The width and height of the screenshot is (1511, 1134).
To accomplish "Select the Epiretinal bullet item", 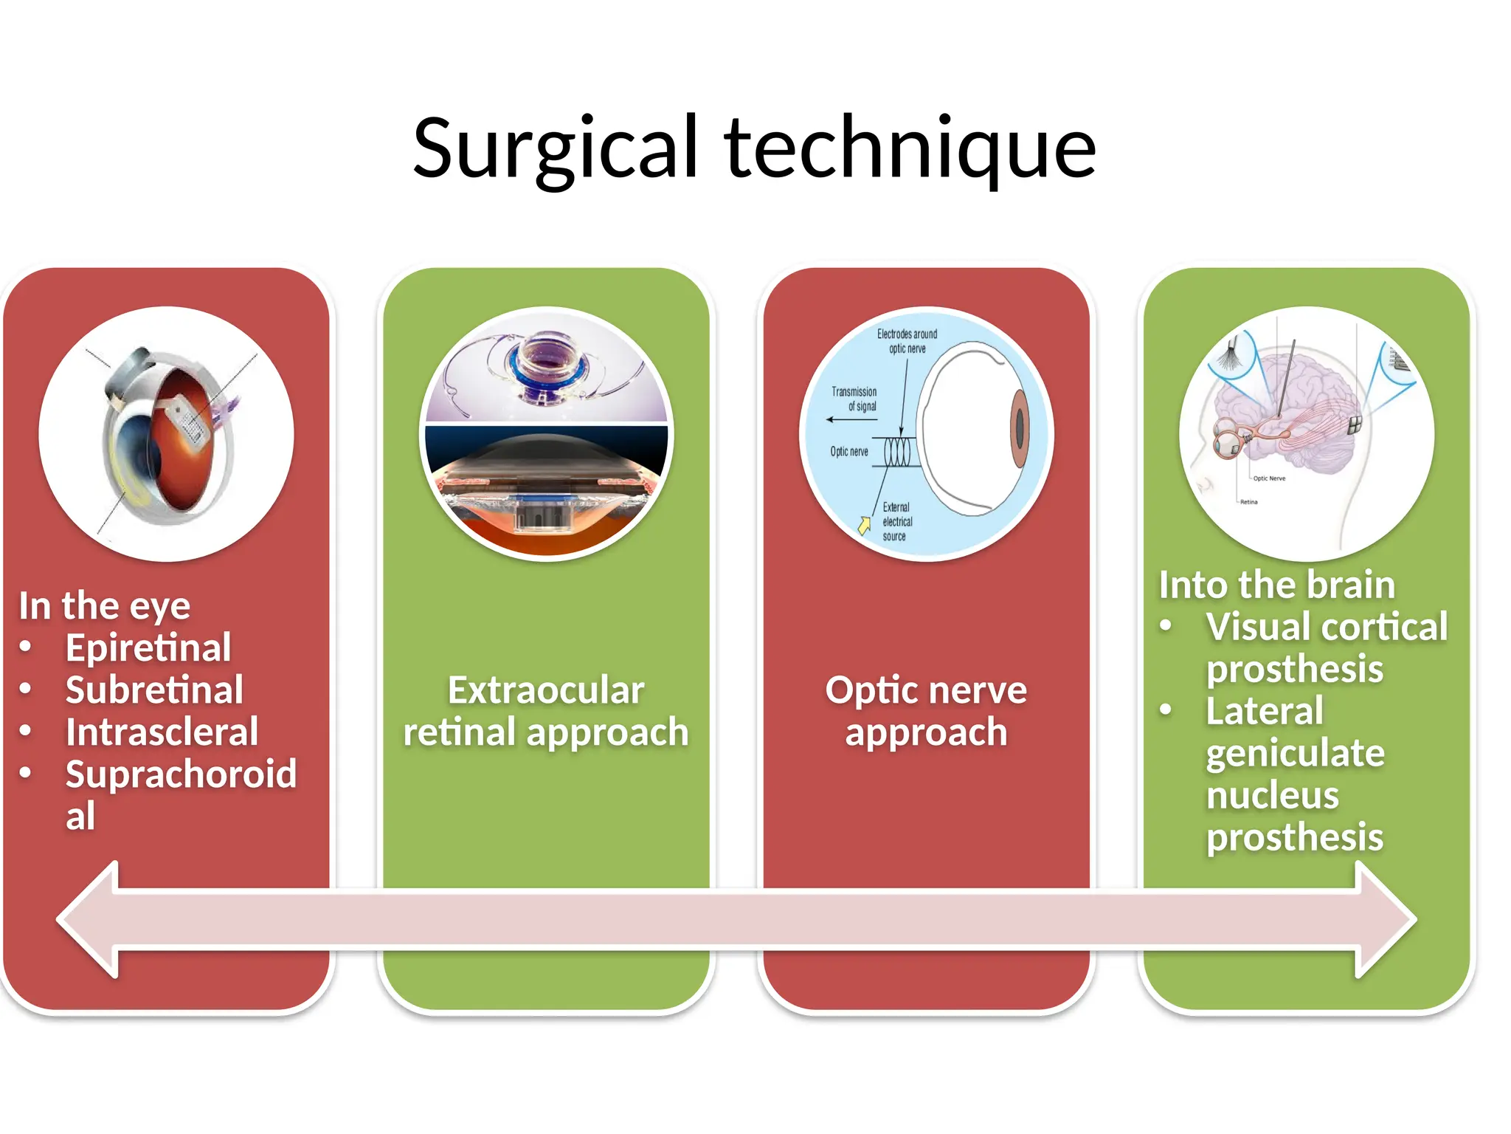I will [x=148, y=648].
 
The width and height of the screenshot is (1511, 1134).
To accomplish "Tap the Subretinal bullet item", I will [x=153, y=690].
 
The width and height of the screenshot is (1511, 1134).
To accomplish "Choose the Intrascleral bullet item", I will [x=162, y=732].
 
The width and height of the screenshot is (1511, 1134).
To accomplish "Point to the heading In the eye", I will [x=104, y=606].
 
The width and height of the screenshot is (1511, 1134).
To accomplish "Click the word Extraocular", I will [x=545, y=690].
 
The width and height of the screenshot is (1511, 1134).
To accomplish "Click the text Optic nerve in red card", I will [x=925, y=690].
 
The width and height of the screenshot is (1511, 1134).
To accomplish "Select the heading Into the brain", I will [x=1276, y=585].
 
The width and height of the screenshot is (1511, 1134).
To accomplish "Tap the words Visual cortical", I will [x=1326, y=627].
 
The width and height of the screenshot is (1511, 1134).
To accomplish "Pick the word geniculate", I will [x=1295, y=753].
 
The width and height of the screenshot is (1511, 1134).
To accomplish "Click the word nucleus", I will [x=1272, y=795].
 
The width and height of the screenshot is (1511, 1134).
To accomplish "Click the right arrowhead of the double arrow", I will [x=1387, y=919].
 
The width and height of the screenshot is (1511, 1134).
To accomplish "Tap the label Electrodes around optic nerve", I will [x=907, y=341].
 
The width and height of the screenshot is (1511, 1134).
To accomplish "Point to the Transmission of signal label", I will [x=854, y=399].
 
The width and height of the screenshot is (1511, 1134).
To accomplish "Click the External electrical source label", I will [x=896, y=521].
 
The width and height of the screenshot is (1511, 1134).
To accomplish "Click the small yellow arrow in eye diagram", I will [x=864, y=525].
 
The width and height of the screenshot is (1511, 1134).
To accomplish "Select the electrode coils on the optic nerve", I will [x=897, y=451].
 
